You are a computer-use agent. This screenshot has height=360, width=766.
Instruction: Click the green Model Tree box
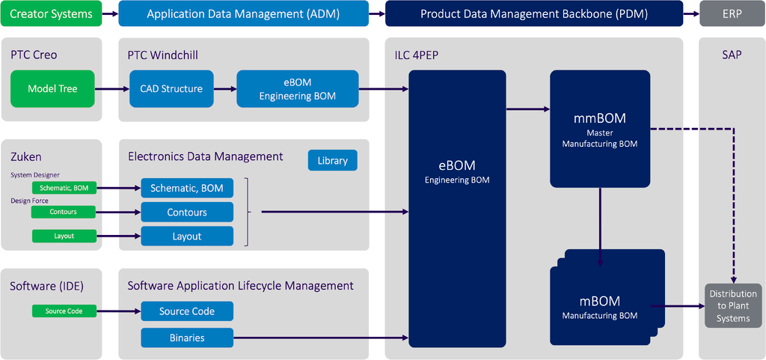point(52,88)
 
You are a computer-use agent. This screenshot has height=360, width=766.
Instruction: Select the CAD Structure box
point(171,88)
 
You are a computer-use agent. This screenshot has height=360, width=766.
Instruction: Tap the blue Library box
point(332,160)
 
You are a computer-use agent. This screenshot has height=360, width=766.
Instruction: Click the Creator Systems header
point(52,13)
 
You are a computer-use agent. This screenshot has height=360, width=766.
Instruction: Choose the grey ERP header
point(732,13)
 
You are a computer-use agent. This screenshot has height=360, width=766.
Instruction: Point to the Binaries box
point(187,338)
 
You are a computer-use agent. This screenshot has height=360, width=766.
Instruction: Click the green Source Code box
point(64,311)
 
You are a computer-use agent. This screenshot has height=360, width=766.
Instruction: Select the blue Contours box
point(187,213)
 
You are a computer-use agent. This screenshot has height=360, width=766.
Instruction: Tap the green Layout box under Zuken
point(64,236)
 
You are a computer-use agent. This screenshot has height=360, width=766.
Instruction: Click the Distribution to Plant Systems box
point(732,305)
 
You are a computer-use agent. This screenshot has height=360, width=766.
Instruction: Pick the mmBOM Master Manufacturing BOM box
point(599,129)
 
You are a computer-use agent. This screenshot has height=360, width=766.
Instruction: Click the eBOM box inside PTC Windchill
point(297,88)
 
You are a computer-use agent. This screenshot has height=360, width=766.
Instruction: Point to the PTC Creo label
point(34,55)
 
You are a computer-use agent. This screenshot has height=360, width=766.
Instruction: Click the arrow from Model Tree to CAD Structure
point(111,89)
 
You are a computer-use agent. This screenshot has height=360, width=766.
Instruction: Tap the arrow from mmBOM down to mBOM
point(600,225)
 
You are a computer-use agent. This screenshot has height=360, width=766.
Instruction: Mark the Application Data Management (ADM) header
point(243,13)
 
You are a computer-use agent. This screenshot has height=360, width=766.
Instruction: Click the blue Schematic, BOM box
point(187,188)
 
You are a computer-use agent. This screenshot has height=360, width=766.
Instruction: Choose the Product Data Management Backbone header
point(533,13)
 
